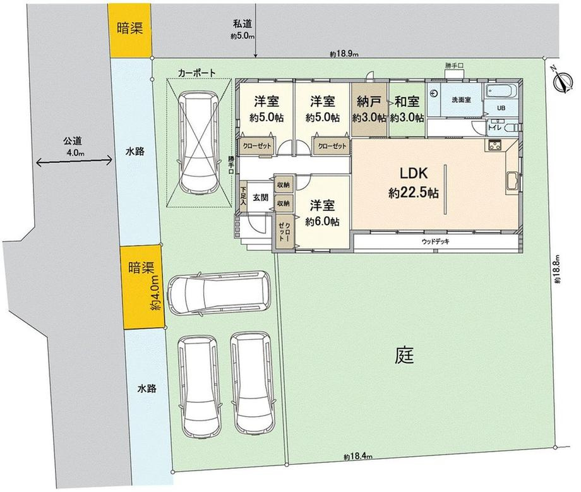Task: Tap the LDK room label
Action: point(414,174)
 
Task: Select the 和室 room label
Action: point(407,101)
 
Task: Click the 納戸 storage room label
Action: point(369,101)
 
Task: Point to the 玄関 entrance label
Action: point(260,198)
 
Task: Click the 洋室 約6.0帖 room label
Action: point(322,213)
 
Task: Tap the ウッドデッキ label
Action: point(435,242)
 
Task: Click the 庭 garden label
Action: point(404,355)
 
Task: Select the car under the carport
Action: point(198,143)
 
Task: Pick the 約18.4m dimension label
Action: point(357,457)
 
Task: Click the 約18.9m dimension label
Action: point(344,54)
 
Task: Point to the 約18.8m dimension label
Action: point(558,270)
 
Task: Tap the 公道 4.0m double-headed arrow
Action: point(73,161)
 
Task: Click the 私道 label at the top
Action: point(243,24)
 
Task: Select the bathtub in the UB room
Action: point(501,91)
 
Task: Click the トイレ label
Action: point(494,128)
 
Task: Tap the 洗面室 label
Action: point(461,100)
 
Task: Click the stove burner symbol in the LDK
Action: point(494,145)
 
